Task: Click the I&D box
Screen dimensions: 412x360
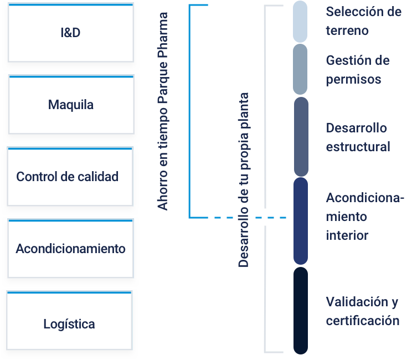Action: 71,33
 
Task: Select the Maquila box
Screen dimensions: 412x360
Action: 71,105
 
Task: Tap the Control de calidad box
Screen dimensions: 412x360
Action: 70,176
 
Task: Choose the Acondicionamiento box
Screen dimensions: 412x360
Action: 71,248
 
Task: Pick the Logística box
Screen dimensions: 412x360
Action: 69,320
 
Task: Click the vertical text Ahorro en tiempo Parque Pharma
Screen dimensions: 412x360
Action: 163,111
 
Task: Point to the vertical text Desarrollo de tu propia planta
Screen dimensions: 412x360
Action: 244,180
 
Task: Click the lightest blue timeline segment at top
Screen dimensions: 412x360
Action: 300,22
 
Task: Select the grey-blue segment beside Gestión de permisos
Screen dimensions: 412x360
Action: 300,69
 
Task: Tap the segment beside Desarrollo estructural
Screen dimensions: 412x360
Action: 301,137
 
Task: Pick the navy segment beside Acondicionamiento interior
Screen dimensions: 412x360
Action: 301,221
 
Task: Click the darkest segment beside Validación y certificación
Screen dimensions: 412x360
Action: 301,311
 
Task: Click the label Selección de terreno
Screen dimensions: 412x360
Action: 364,21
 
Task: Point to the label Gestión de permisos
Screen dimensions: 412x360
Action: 358,70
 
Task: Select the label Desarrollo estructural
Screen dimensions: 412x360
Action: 358,137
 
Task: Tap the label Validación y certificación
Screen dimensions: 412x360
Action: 363,311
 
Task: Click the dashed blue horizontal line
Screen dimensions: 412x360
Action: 250,218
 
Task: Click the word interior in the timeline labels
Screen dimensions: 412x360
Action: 347,235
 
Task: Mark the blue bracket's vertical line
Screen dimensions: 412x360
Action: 190,111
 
